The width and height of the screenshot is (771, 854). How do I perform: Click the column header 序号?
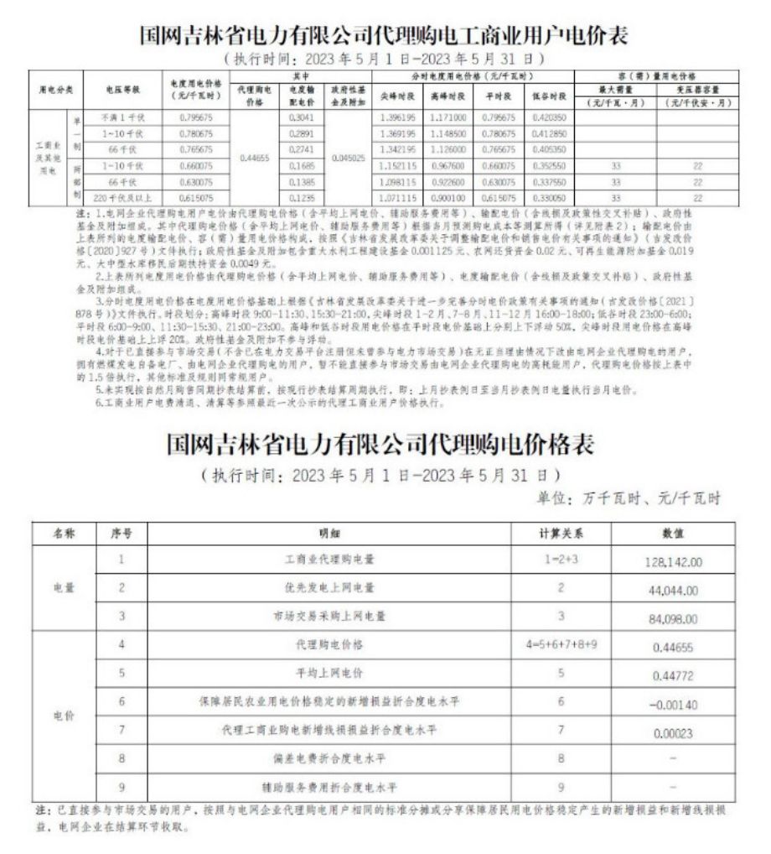pos(122,532)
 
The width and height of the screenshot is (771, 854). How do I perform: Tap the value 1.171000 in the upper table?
pos(448,117)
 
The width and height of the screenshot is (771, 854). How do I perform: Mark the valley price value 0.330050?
pos(550,197)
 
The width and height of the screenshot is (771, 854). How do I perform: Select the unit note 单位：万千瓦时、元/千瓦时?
pos(629,497)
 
